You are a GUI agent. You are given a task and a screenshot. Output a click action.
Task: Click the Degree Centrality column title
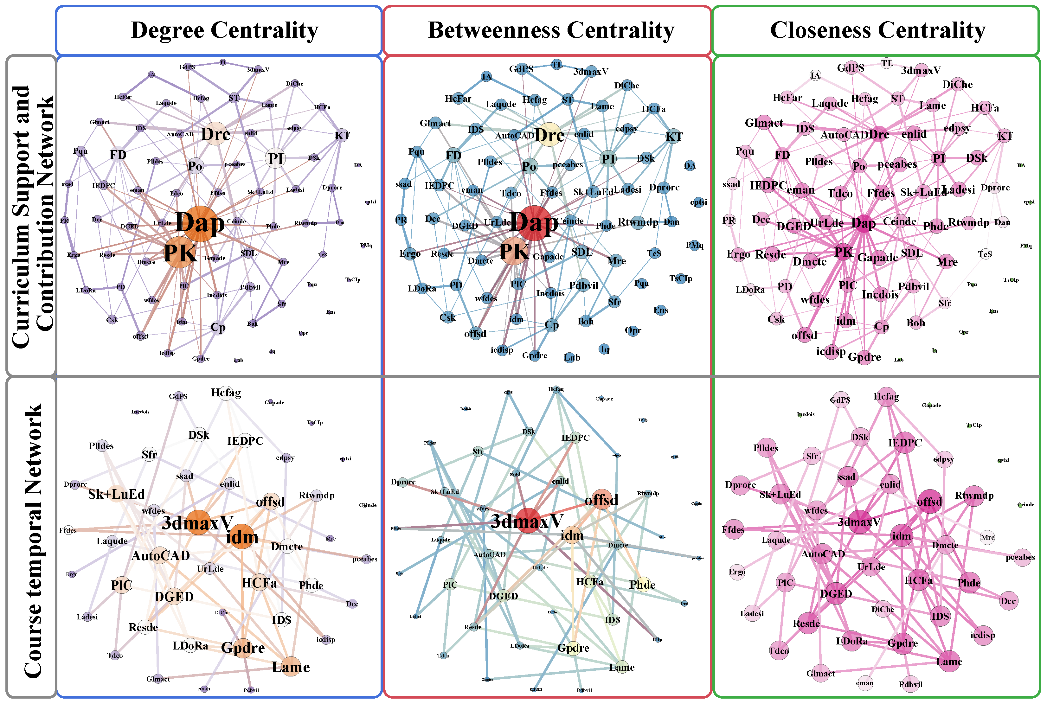point(224,30)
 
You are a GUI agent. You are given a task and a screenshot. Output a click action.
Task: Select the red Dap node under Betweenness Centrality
point(534,222)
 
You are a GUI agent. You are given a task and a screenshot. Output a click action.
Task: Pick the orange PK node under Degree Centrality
point(180,253)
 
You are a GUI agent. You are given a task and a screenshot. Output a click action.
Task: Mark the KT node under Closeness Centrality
point(1004,136)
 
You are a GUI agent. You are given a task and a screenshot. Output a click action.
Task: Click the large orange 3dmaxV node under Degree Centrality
point(198,522)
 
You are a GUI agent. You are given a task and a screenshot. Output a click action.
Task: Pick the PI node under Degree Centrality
point(275,158)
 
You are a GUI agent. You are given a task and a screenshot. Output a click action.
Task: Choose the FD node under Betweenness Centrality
point(453,155)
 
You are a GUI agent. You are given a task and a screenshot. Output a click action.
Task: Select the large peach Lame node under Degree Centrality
point(291,667)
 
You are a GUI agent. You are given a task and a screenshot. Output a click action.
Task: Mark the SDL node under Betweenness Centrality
point(582,252)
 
